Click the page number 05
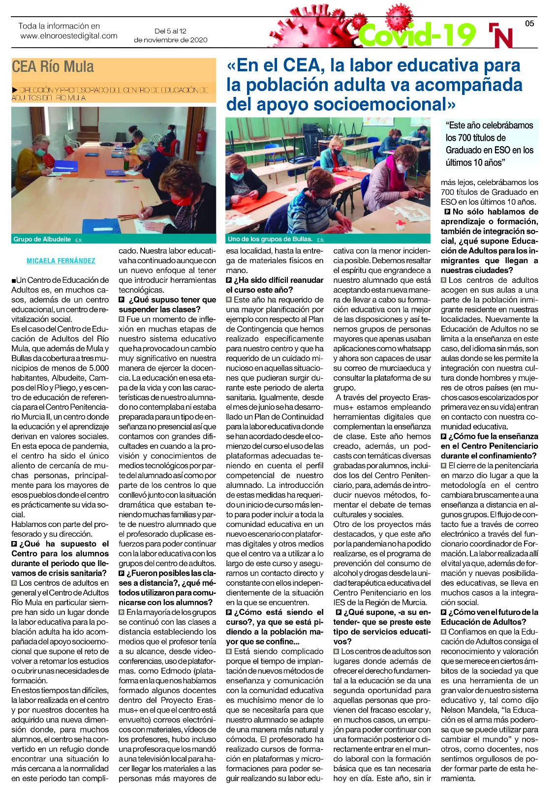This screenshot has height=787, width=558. (529, 23)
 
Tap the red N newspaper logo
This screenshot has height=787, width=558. (501, 36)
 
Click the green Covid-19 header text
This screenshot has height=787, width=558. (417, 34)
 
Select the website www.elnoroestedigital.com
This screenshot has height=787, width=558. (69, 36)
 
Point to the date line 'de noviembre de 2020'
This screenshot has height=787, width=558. (170, 40)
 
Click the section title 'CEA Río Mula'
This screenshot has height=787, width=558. (53, 67)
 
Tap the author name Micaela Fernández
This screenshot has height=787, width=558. (61, 261)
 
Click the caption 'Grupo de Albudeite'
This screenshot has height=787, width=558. (42, 239)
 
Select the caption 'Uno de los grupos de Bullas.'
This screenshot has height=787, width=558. (270, 239)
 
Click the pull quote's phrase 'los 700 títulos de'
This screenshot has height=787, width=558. (475, 138)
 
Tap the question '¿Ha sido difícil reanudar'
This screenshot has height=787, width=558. (279, 280)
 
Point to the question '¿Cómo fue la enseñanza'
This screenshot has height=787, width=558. (493, 436)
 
